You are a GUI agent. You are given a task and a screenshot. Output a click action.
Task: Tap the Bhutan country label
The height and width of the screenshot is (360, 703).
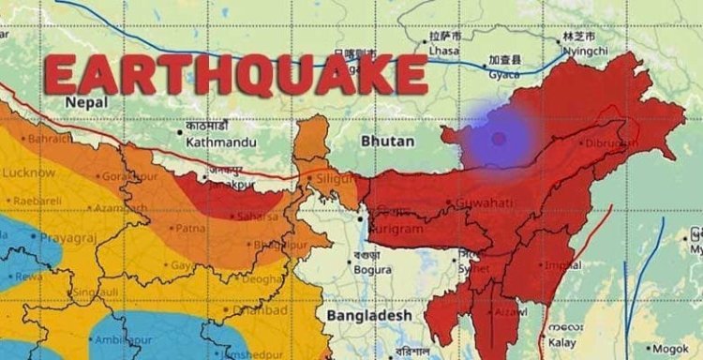[x=385, y=141]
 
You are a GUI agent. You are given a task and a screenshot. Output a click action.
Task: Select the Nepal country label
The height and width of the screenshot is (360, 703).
[x=85, y=101]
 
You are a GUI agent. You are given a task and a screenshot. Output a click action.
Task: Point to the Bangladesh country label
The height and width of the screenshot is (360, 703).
[x=368, y=316]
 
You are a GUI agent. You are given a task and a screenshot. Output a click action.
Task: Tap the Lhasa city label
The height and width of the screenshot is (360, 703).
[x=445, y=50]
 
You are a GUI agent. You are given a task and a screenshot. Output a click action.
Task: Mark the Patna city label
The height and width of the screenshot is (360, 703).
[x=191, y=227]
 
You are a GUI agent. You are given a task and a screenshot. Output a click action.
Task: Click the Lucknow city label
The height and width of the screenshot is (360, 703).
[x=27, y=172]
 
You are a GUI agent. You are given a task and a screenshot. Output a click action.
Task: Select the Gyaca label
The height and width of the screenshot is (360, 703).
[x=505, y=72]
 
